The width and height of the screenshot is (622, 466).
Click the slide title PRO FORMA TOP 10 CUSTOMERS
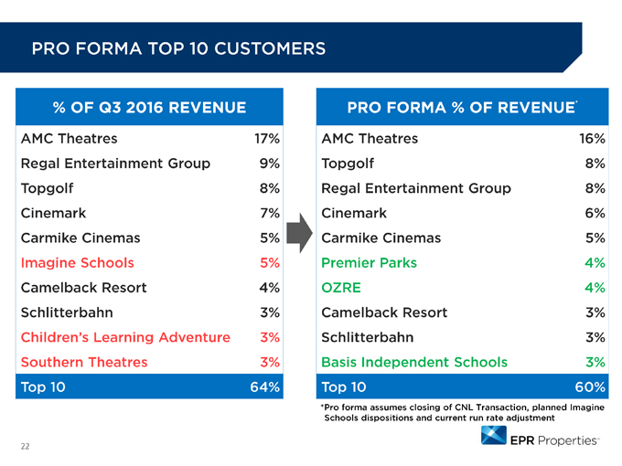point(178,48)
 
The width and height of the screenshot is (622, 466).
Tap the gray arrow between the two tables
point(299,233)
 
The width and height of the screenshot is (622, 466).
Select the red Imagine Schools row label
point(78,263)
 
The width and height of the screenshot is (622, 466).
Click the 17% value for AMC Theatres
point(267,139)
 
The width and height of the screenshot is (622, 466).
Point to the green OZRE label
point(341,288)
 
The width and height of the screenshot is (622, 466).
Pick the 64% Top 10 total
point(265,387)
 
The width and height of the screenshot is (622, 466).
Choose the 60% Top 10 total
point(590,387)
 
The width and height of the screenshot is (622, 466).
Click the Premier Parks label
point(369,263)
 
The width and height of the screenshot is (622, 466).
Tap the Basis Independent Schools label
point(414,362)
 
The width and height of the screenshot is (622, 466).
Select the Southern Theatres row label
point(84,362)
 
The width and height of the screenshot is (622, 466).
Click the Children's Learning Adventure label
point(125,337)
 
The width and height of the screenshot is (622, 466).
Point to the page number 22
point(25,447)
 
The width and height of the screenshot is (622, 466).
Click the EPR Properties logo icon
point(493,435)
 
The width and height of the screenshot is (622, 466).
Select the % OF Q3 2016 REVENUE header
point(149,108)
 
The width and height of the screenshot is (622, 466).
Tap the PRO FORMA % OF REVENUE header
point(462,108)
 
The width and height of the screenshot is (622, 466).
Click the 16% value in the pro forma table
point(592,139)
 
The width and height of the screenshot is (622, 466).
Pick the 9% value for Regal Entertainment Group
point(270,164)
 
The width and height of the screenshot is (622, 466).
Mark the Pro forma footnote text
point(463,412)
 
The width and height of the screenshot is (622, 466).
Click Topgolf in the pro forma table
point(348,164)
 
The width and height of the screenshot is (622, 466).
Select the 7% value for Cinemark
point(270,213)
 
